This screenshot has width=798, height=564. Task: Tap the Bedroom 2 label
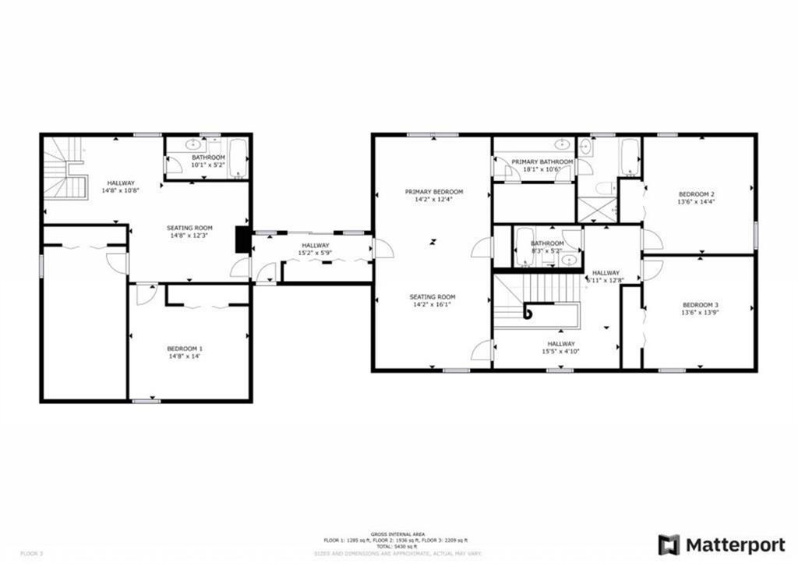pos(697,194)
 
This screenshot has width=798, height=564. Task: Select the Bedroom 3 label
pos(701,305)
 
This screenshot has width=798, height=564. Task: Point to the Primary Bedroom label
pos(434,192)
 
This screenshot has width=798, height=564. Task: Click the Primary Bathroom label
pos(542,161)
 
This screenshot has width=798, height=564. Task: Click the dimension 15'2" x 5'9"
pos(316,253)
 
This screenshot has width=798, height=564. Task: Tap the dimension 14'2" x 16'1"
pos(434,304)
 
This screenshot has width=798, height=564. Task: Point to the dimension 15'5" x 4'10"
pos(561,351)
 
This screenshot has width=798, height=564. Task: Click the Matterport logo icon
pos(668,544)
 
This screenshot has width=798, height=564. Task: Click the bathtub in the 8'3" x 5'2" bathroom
pos(524,247)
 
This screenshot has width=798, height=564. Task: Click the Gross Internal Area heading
pos(398,534)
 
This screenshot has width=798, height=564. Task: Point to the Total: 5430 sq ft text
pos(398,545)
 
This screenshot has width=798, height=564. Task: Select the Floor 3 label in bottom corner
pos(31,553)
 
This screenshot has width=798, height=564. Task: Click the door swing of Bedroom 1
pos(146,293)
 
